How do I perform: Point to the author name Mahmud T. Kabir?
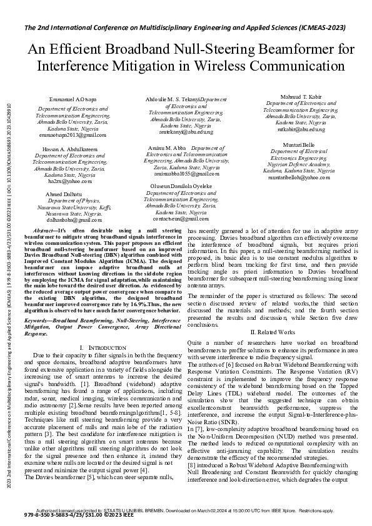[x=297, y=96]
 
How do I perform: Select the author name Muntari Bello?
[x=298, y=144]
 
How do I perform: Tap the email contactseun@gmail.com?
[x=182, y=219]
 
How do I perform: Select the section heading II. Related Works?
[x=272, y=332]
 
